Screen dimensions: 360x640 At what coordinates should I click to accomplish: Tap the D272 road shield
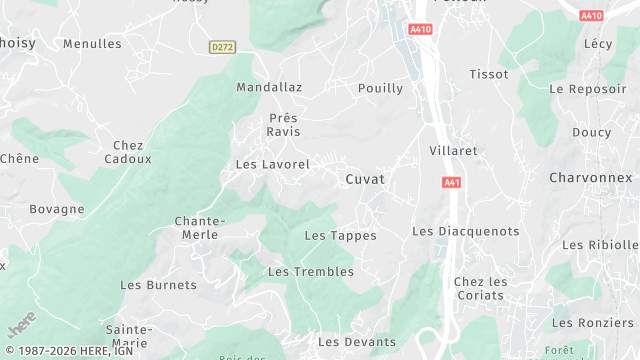[222, 47]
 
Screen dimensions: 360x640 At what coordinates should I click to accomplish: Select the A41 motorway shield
[451, 182]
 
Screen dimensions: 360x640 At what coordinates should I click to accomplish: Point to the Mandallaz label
[268, 88]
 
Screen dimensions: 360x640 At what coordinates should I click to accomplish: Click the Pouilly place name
[380, 88]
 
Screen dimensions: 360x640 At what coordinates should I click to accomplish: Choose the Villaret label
[453, 150]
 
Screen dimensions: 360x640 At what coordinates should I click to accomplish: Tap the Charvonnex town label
[591, 177]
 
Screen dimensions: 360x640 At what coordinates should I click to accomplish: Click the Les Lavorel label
[272, 163]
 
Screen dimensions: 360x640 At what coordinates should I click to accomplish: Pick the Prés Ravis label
[283, 125]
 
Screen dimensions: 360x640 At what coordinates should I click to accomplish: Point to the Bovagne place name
[57, 209]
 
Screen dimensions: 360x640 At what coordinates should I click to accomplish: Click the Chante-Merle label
[200, 227]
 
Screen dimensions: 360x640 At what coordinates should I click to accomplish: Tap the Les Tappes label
[340, 236]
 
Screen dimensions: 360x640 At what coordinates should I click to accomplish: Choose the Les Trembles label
[311, 272]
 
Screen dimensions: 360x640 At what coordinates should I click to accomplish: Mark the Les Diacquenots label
[466, 231]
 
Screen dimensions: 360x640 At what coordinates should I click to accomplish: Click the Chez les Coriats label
[480, 288]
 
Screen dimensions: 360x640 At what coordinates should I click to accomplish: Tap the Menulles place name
[92, 44]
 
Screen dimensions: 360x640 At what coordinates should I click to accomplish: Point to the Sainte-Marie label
[129, 336]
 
